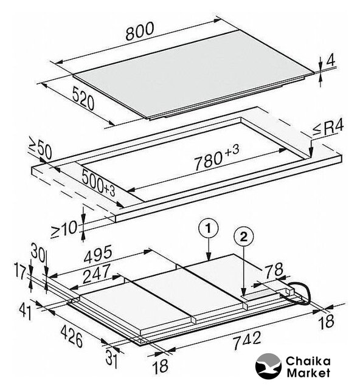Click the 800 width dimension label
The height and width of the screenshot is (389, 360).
click(x=140, y=32)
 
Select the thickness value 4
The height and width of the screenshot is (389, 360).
click(x=331, y=60)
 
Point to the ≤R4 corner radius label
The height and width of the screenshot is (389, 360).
click(x=328, y=128)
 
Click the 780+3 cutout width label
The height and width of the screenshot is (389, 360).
click(x=216, y=158)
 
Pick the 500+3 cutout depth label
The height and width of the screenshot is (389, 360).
click(x=98, y=182)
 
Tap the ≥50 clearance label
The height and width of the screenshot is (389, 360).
click(x=41, y=148)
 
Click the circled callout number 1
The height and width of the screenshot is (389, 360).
click(x=209, y=229)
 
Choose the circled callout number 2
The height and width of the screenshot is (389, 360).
click(x=244, y=237)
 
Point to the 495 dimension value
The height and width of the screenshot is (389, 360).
click(x=98, y=254)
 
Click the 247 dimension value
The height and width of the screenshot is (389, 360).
click(x=96, y=273)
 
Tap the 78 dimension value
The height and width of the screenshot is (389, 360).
click(x=274, y=269)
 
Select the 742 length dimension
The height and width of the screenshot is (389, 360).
click(x=247, y=341)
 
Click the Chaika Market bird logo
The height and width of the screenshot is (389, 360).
click(x=268, y=366)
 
